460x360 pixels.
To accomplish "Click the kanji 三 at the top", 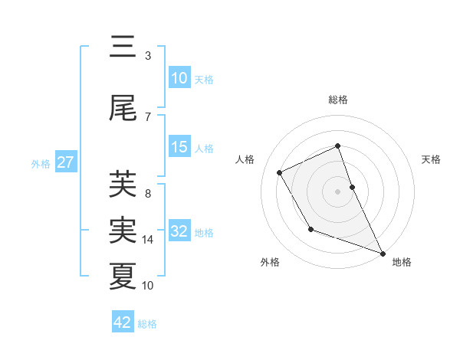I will pos(123,48).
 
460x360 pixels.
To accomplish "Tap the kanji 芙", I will pos(123,185).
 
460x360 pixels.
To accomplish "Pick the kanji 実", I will pos(123,230).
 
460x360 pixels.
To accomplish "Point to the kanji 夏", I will pos(123,276).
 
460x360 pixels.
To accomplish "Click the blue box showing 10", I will pos(179,79).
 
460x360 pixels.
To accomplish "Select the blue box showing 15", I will pos(179,148).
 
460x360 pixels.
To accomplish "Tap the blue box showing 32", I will pos(179,232).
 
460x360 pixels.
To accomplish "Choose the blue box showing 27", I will pos(65,163).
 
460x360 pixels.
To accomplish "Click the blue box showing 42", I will pos(123,322).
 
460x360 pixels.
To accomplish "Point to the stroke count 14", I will pos(148,240).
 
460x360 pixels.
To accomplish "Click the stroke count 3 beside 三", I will pos(148,56).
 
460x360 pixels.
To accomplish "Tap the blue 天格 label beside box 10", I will pos(204,80).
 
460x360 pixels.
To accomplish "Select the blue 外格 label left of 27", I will pos(41,164).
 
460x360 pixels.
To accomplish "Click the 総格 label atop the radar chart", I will pos(338,100).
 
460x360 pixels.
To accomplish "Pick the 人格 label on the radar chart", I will pos(245,159).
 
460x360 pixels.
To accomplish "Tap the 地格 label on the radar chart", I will pos(402,262).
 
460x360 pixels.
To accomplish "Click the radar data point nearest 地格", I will pos(383,254).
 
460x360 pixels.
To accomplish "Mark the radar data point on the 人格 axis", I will pos(280,172).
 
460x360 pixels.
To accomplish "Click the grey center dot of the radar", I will pos(338,191).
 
